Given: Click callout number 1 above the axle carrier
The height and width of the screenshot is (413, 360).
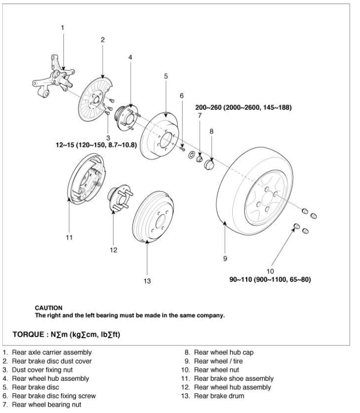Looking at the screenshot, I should coord(62,28).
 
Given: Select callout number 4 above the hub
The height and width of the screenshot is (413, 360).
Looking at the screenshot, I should coord(130,57).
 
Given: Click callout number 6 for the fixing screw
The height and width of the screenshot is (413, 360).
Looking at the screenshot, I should coord(182,95).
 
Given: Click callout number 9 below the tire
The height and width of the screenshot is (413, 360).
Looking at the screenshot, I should coord(225,259).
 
